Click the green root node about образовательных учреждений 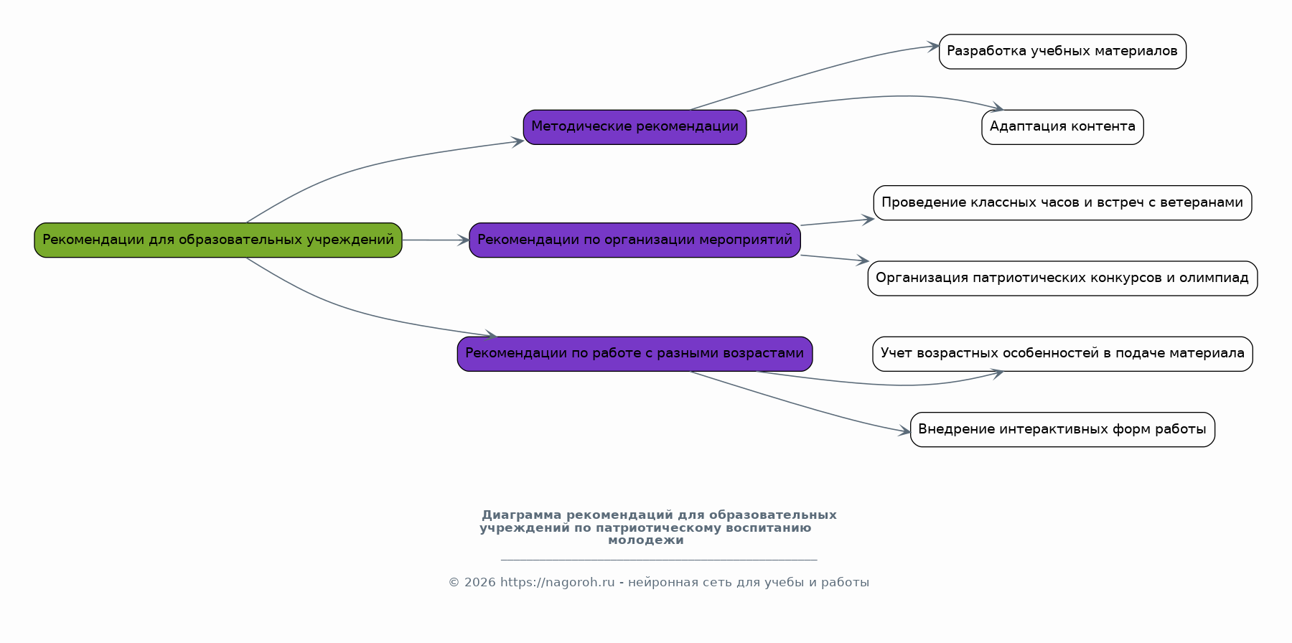click(x=218, y=240)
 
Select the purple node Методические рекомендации click(x=635, y=127)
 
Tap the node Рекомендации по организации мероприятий click(x=635, y=240)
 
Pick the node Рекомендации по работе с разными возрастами click(x=635, y=354)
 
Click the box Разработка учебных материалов click(x=1062, y=52)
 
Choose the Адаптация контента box click(x=1062, y=127)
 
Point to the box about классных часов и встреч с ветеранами click(x=1062, y=202)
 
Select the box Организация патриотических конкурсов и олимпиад click(x=1062, y=278)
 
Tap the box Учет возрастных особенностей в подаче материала click(x=1062, y=354)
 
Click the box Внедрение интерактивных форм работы click(x=1062, y=429)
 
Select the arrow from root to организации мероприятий click(x=436, y=240)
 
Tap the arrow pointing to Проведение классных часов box click(x=837, y=222)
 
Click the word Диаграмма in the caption click(x=522, y=515)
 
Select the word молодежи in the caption click(x=646, y=540)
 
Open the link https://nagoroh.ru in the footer click(x=558, y=583)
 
